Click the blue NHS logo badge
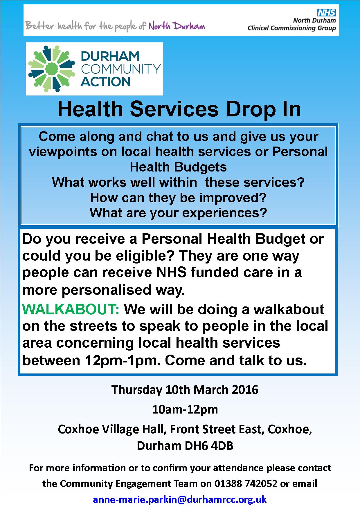(326, 12)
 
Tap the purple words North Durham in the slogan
(177, 26)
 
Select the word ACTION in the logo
(105, 82)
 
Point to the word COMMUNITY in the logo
(120, 69)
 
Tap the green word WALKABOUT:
(71, 309)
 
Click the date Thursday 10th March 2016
(185, 390)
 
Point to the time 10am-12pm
(185, 409)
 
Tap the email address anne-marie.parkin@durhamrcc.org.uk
(180, 499)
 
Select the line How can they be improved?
(178, 198)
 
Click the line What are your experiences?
(178, 213)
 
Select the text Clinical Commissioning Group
(291, 28)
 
